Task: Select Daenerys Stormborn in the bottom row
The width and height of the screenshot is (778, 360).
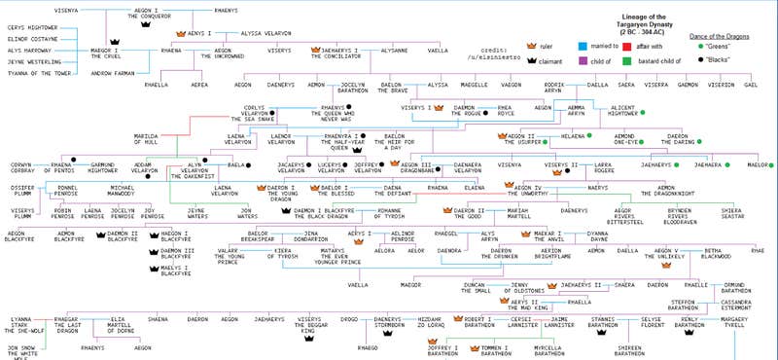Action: pos(387,322)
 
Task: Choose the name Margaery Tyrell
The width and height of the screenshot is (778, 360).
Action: pos(743,322)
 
